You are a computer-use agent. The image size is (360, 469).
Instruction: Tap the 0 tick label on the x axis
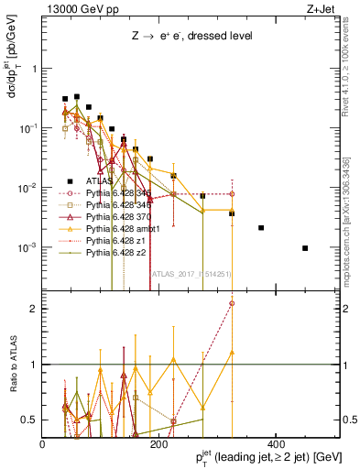pos(42,444)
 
